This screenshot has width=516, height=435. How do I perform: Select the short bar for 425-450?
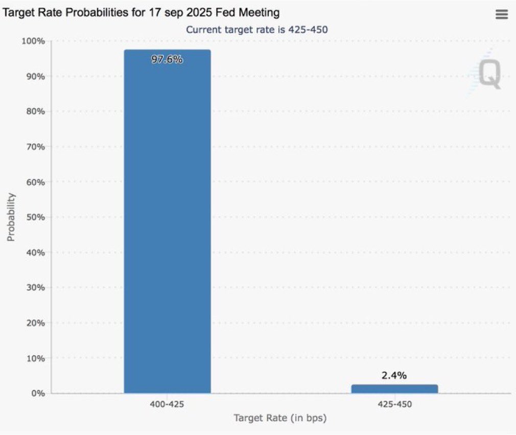coord(394,389)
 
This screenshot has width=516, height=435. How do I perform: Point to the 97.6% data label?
coord(167,59)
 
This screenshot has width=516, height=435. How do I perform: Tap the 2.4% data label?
coord(394,376)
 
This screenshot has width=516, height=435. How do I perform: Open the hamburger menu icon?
coord(502,15)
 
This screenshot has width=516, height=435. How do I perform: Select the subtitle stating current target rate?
coord(256,30)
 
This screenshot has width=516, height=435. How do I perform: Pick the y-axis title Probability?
coord(11,217)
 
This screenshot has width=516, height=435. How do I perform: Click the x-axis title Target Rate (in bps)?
coord(280,418)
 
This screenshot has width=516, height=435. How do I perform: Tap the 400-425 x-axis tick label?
coord(167,404)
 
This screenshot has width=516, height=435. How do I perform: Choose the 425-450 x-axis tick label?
coord(394,404)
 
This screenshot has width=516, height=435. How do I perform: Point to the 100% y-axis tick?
coord(34,41)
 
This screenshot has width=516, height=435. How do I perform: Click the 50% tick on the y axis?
coord(36,217)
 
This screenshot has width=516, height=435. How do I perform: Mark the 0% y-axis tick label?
coord(38,393)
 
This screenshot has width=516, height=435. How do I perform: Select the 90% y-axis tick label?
coord(36,76)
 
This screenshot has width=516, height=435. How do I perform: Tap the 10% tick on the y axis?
coord(36,358)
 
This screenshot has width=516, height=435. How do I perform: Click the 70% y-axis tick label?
coord(36,147)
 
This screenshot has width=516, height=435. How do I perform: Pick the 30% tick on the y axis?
coord(36,287)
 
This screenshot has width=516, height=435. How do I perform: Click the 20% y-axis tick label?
coord(36,323)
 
